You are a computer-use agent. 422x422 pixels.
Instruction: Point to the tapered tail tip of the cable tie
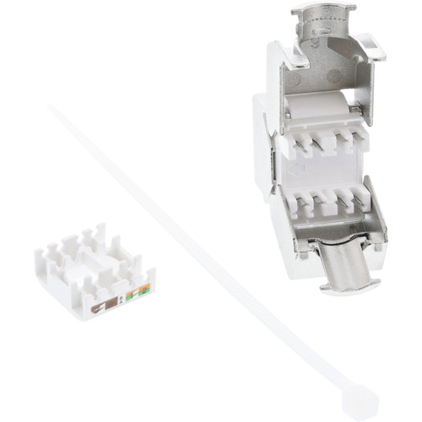click(x=53, y=108)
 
